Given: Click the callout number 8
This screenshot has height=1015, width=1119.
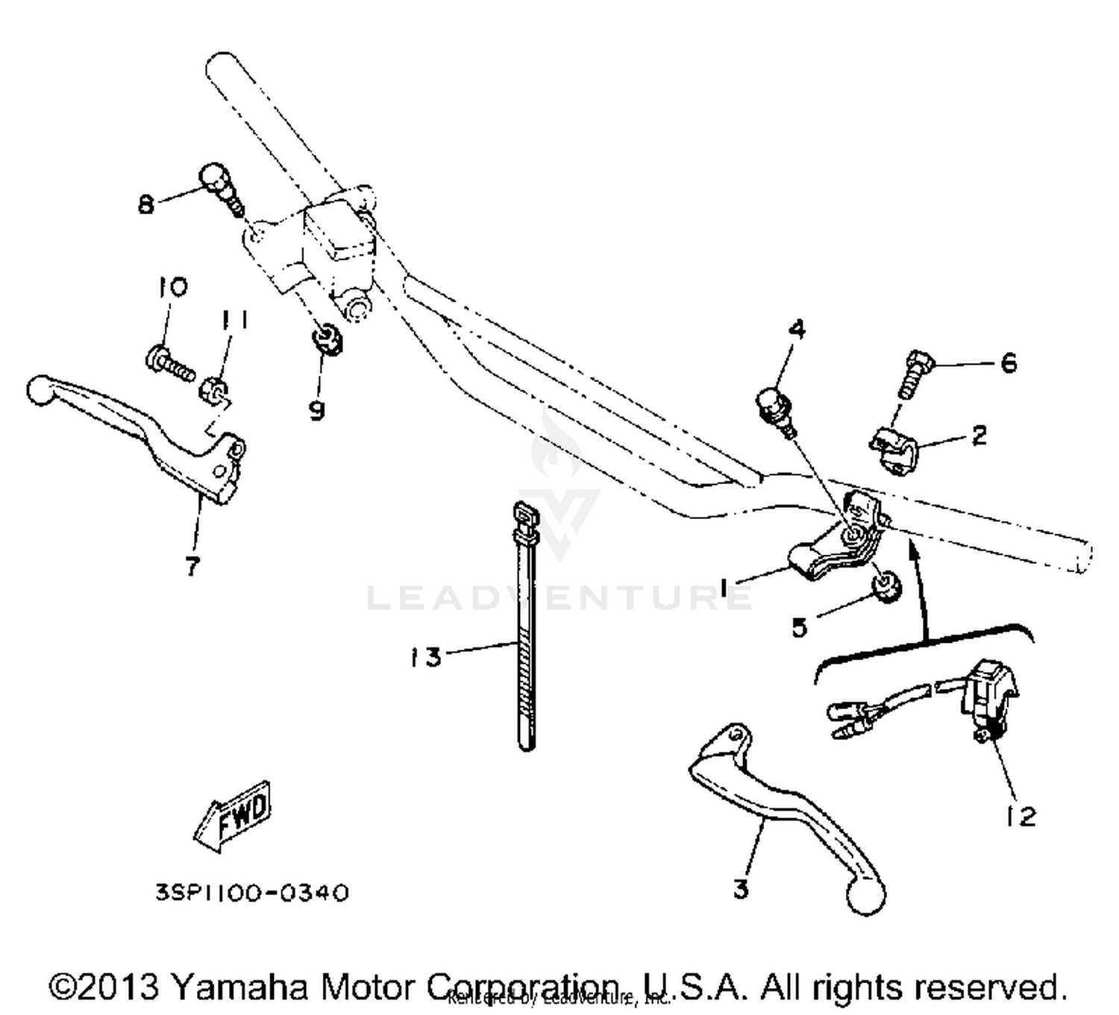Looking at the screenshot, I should (146, 204).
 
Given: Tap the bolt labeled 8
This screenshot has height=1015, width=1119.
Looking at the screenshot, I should (219, 187).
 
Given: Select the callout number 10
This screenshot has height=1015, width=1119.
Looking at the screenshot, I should (172, 286).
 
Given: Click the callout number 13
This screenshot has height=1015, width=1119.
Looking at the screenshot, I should (425, 657).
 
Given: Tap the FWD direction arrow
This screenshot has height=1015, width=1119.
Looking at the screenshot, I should (233, 817).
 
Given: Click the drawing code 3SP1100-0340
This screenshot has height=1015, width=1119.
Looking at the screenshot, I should (252, 893).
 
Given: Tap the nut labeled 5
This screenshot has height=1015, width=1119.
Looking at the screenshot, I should (887, 587).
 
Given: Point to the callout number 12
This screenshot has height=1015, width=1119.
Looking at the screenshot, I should (1021, 817).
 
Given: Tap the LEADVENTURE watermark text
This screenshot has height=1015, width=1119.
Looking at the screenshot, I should (559, 597).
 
